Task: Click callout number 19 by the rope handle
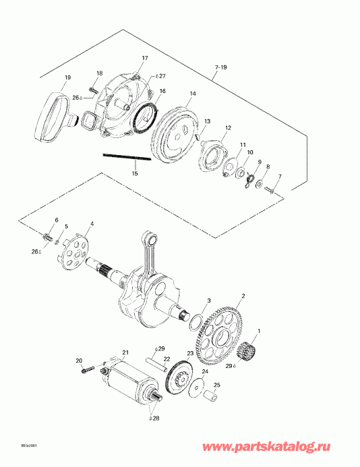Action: pyautogui.click(x=67, y=78)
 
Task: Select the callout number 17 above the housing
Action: pyautogui.click(x=144, y=58)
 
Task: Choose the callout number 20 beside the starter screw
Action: pyautogui.click(x=79, y=361)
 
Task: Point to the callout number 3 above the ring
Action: pyautogui.click(x=209, y=299)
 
